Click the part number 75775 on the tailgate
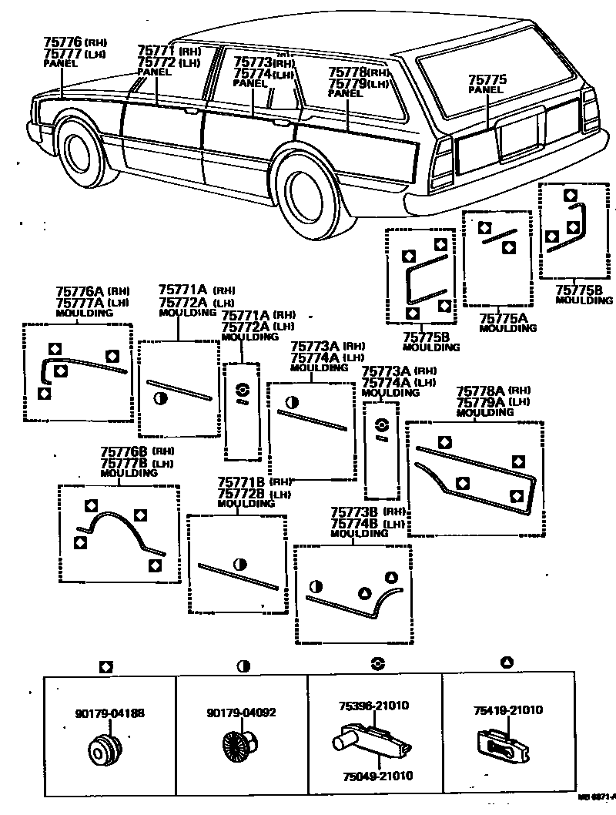[x=486, y=79]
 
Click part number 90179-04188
[x=110, y=713]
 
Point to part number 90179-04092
[x=241, y=713]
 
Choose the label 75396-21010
[x=373, y=705]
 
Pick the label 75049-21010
[x=373, y=776]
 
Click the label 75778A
[x=481, y=391]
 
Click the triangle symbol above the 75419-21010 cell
[x=507, y=662]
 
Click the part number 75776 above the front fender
[x=62, y=42]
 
